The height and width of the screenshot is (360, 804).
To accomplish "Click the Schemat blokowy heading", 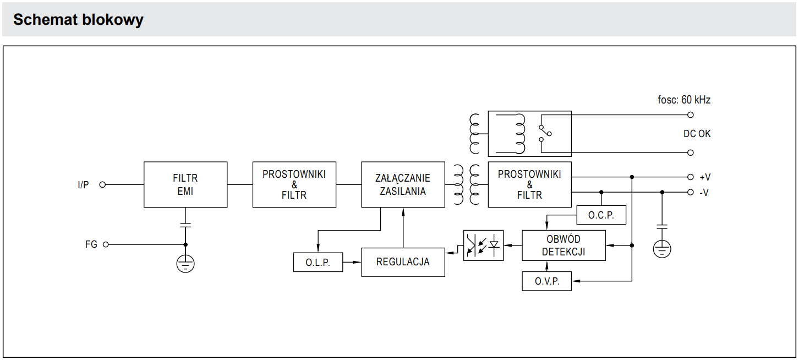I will [78, 20].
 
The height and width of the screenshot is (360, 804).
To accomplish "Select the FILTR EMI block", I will [185, 184].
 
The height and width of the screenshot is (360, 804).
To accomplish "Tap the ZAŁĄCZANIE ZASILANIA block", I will [403, 184].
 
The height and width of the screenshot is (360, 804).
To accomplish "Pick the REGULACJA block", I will [403, 262].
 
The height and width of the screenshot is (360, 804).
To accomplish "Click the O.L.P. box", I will [318, 263].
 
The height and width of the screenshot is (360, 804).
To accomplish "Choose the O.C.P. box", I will [601, 215].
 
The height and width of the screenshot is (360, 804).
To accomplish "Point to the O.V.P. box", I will [546, 281].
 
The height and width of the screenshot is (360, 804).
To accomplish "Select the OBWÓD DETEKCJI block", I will [563, 246].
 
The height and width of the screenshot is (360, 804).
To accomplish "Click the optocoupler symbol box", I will [483, 246].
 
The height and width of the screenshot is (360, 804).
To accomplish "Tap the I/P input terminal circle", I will [102, 185].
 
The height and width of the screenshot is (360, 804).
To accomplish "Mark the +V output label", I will [705, 177].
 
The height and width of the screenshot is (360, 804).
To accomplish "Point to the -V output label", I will [704, 193].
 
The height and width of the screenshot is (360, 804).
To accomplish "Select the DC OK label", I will [697, 134].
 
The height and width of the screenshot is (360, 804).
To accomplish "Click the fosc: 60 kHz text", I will [684, 100].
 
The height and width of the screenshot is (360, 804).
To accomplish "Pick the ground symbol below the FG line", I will [185, 264].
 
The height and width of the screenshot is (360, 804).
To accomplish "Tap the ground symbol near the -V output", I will [662, 249].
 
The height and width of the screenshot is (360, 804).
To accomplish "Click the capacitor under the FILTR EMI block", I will [185, 225].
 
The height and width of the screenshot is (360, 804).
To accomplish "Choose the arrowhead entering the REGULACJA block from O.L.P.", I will [358, 263].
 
